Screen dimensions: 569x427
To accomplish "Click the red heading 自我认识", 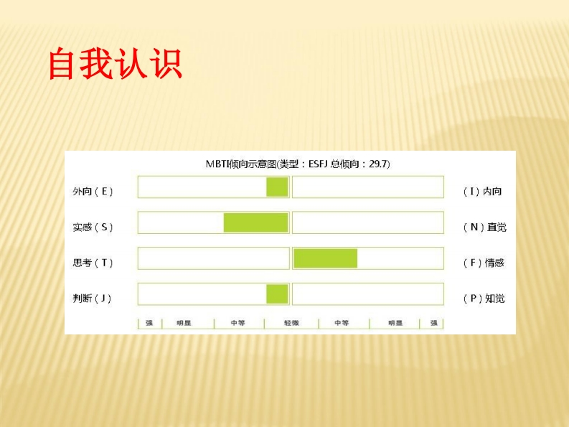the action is tap(116, 64).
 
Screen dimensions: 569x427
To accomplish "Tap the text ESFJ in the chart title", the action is tap(319, 164).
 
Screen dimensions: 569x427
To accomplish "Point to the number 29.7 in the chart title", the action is tap(377, 164).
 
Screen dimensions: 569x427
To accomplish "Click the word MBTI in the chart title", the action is tap(217, 164).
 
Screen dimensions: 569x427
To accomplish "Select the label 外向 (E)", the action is tap(93, 192).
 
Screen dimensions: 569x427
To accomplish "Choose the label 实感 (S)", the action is tap(93, 227).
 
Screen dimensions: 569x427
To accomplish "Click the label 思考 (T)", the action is tap(93, 263).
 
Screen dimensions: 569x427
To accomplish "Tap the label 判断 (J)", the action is tap(92, 299).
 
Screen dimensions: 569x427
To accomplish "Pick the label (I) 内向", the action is tap(482, 192).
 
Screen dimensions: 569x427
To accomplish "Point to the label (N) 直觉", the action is tap(485, 227).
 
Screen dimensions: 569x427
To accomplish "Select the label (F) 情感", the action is tap(484, 263).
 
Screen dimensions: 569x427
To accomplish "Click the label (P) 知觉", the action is tap(484, 299).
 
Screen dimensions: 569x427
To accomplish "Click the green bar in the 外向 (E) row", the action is tap(277, 187).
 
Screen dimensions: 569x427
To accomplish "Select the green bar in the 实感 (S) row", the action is tap(256, 222).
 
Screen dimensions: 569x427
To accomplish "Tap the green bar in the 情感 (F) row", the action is tap(326, 258).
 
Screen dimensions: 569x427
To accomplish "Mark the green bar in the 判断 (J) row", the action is tap(277, 294).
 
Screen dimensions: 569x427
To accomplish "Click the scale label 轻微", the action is tap(291, 323).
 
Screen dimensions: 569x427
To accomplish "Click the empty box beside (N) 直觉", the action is tap(368, 222).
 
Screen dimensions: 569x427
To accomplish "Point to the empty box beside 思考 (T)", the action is tap(214, 258).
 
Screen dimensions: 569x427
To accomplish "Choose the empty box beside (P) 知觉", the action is tap(368, 294).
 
